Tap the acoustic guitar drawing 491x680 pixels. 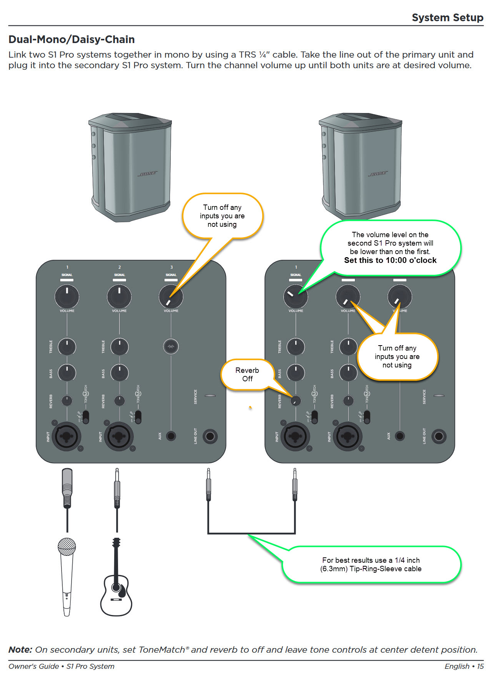[116, 584]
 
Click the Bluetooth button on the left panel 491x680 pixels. [171, 346]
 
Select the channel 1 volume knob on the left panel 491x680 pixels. [67, 296]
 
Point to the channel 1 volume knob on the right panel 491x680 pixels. [296, 296]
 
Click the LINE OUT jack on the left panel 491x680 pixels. [210, 436]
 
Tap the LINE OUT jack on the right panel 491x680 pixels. [439, 436]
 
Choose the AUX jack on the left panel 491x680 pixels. [171, 436]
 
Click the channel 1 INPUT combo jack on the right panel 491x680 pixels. [295, 436]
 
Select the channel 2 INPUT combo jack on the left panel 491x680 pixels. [119, 436]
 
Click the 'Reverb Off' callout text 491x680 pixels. [247, 374]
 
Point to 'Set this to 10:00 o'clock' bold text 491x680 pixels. [390, 260]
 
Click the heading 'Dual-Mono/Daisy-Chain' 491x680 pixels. [72, 40]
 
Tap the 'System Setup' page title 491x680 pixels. [448, 18]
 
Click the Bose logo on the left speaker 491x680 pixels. [148, 174]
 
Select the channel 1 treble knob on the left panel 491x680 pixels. [67, 346]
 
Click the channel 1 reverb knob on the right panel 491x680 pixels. [296, 401]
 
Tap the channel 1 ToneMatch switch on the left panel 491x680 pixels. [86, 417]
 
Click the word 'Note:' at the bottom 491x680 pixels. [20, 650]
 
